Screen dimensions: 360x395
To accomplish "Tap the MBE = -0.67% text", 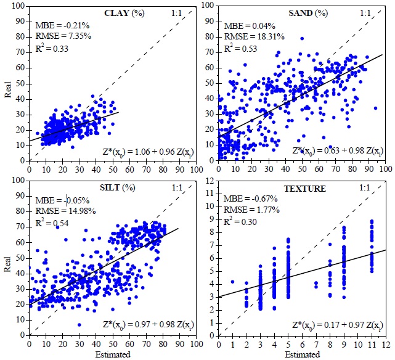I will point(251,200).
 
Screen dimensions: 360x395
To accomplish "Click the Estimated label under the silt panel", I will point(113,354).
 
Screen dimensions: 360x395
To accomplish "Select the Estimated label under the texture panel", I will point(302,354).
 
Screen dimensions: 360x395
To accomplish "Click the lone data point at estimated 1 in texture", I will point(232,282).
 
